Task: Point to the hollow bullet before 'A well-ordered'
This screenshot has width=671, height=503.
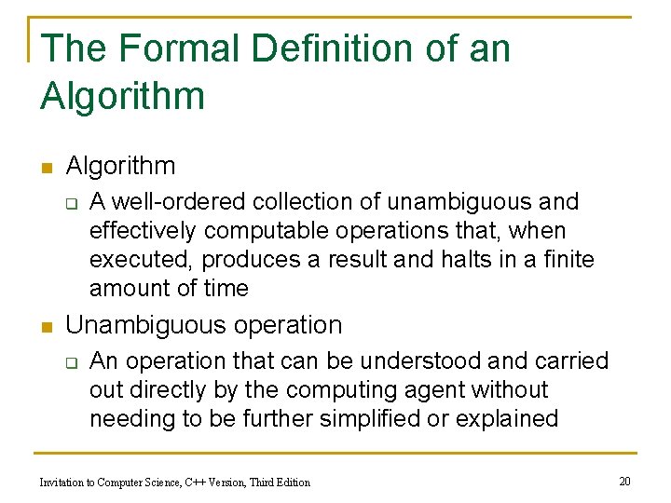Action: (71, 202)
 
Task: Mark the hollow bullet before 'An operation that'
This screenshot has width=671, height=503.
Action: (71, 361)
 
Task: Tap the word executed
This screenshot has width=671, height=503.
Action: (142, 259)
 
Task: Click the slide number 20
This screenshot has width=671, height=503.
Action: (624, 481)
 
